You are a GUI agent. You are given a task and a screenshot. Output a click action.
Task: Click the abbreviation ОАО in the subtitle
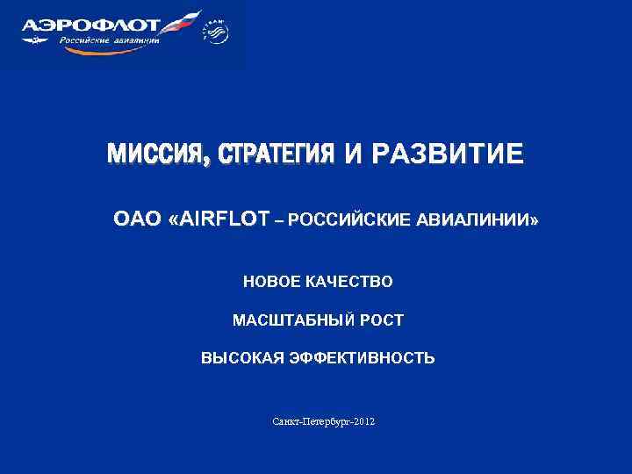134,219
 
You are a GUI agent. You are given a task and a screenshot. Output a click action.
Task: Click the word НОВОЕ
272,282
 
